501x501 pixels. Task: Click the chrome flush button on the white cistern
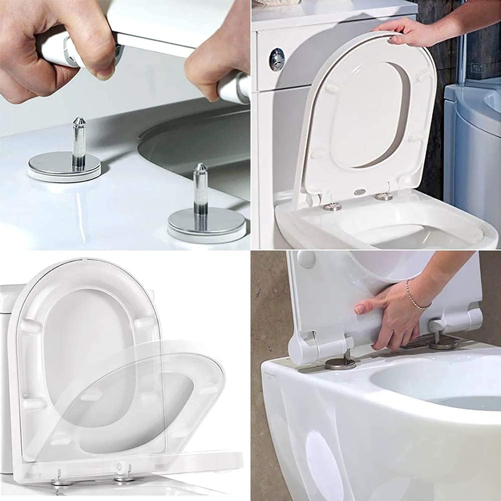(x=277, y=59)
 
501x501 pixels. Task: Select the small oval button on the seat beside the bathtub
(x=359, y=192)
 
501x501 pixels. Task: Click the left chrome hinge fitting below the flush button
(x=332, y=206)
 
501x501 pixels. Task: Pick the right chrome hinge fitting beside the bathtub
(x=384, y=196)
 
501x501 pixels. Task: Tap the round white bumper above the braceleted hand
(x=306, y=259)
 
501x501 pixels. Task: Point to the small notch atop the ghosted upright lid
(x=82, y=261)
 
